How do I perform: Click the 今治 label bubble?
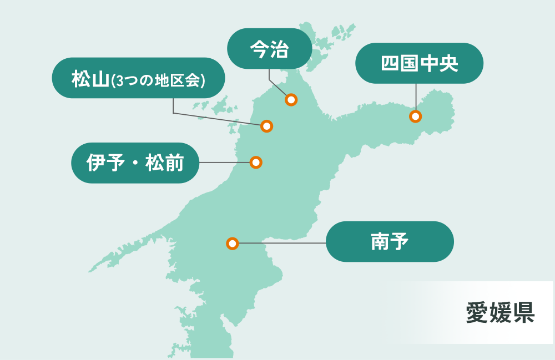tap(269, 49)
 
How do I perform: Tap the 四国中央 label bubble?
tap(419, 63)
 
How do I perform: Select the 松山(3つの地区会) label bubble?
tap(138, 78)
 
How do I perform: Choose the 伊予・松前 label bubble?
tap(135, 163)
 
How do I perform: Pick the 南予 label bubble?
tap(390, 242)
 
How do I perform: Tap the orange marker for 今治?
tap(291, 100)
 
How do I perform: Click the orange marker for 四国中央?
tap(415, 116)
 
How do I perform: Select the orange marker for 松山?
tap(267, 126)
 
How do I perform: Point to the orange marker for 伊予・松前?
tap(256, 163)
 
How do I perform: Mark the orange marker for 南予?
tap(233, 244)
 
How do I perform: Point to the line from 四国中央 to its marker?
tap(416, 97)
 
